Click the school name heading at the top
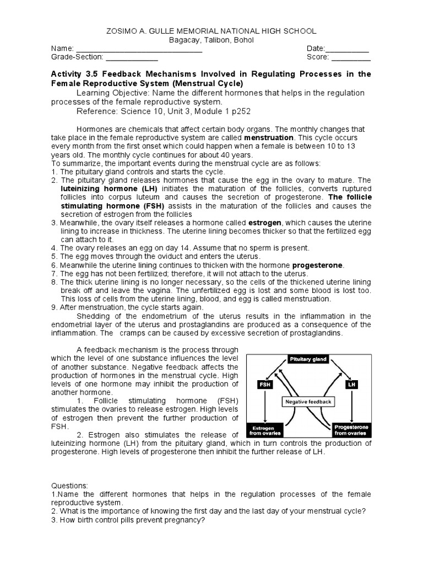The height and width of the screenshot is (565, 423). (211, 31)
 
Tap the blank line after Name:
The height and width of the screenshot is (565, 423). (139, 49)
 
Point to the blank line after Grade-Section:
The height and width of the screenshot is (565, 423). (132, 57)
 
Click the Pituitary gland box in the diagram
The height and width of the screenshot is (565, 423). (308, 359)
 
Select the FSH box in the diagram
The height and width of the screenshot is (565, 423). (265, 384)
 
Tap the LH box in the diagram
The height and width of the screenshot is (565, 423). (351, 384)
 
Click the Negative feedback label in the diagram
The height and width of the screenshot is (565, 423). (308, 402)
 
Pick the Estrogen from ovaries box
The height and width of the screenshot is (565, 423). (267, 430)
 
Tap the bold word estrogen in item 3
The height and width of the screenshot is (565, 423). (267, 222)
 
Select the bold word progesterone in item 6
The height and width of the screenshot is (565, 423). (317, 265)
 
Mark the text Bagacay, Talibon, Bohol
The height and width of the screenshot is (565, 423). (211, 40)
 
